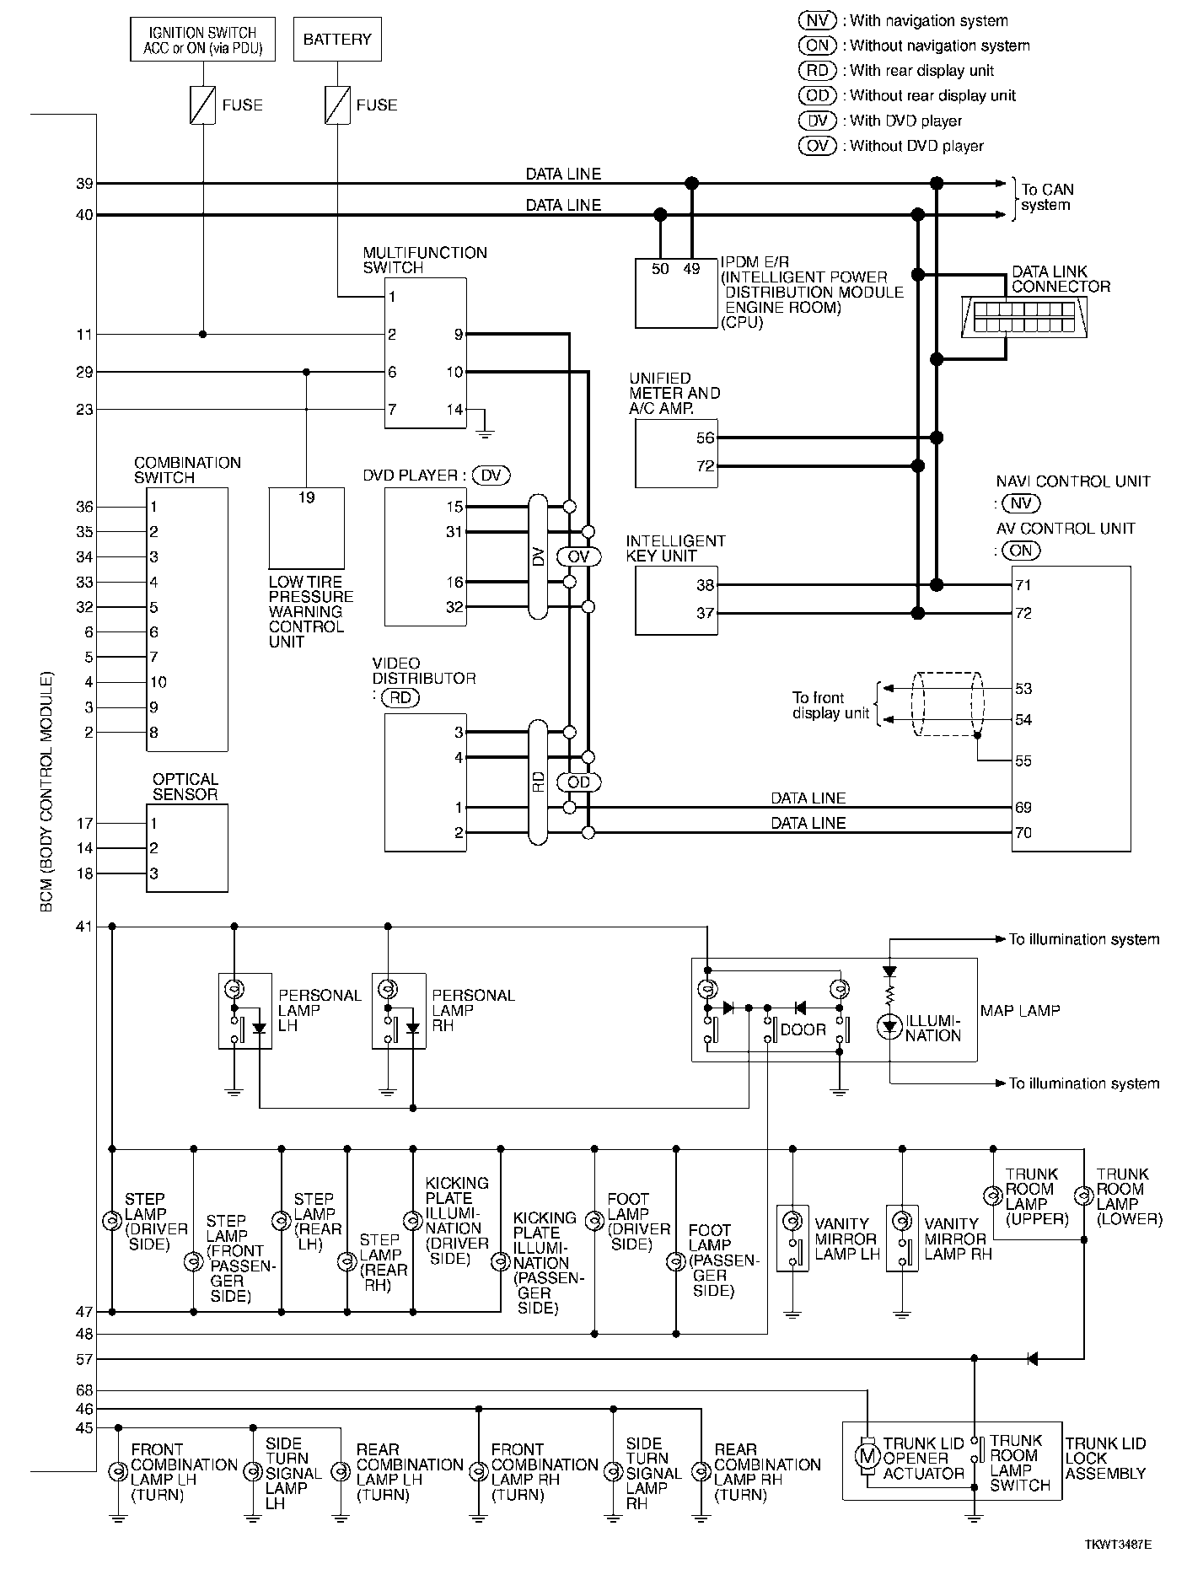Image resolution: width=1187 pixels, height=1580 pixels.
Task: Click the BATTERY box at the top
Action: point(337,40)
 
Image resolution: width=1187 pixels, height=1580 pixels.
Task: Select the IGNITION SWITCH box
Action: point(203,40)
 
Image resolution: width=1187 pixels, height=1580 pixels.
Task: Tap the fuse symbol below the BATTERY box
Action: point(337,105)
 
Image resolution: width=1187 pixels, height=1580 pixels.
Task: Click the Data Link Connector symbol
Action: point(1023,317)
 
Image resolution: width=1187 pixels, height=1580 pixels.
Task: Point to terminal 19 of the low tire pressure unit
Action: point(306,497)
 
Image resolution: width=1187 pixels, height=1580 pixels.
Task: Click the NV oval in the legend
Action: point(817,20)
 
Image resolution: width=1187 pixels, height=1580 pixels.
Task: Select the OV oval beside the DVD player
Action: point(578,556)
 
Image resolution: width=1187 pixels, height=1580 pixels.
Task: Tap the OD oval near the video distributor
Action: point(578,782)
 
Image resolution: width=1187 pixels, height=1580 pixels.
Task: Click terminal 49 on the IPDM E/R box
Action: point(691,269)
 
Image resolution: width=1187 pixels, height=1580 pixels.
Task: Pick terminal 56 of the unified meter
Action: point(706,438)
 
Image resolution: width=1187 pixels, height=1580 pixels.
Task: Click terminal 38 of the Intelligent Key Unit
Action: point(706,585)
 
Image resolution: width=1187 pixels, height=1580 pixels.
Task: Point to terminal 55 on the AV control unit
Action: point(1023,760)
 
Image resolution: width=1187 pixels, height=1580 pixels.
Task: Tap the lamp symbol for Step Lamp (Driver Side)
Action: point(111,1221)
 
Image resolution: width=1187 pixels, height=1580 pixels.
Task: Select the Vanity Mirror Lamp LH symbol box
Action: point(792,1238)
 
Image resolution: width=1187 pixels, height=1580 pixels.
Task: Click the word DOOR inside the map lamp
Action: point(803,1029)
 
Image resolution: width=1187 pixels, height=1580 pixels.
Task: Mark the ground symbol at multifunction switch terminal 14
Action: point(484,432)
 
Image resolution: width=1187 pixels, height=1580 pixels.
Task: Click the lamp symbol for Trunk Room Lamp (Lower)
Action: point(1083,1196)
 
